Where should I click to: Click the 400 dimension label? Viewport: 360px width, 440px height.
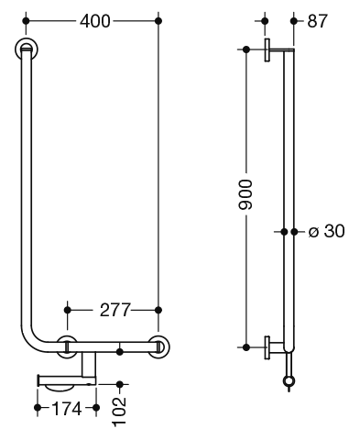(x=94, y=21)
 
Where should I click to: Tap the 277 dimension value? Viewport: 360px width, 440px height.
(x=115, y=310)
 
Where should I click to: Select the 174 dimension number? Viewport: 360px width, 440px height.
(x=67, y=408)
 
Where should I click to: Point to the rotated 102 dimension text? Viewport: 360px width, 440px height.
(x=119, y=412)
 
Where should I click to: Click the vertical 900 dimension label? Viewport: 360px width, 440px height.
(x=245, y=195)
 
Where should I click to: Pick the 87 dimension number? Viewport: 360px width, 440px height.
(x=317, y=21)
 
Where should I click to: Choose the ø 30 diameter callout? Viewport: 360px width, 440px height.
(x=326, y=231)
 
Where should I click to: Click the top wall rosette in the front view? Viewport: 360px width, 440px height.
(x=27, y=49)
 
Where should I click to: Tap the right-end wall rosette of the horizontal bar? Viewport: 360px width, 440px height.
(x=158, y=346)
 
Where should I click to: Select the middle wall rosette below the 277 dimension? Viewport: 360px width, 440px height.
(x=67, y=346)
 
